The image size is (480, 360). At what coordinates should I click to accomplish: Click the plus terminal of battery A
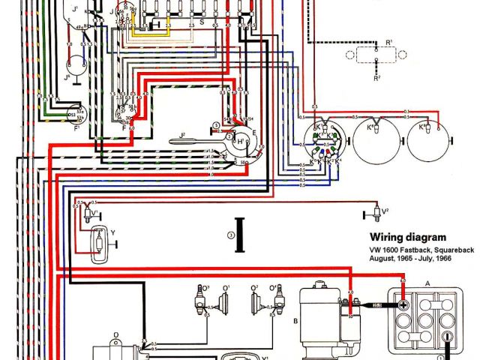[x=403, y=307]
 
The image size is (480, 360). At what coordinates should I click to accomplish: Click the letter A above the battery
[x=427, y=283]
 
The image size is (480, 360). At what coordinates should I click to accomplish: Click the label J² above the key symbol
[x=183, y=136]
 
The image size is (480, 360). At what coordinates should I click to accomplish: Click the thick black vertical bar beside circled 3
[x=241, y=229]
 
